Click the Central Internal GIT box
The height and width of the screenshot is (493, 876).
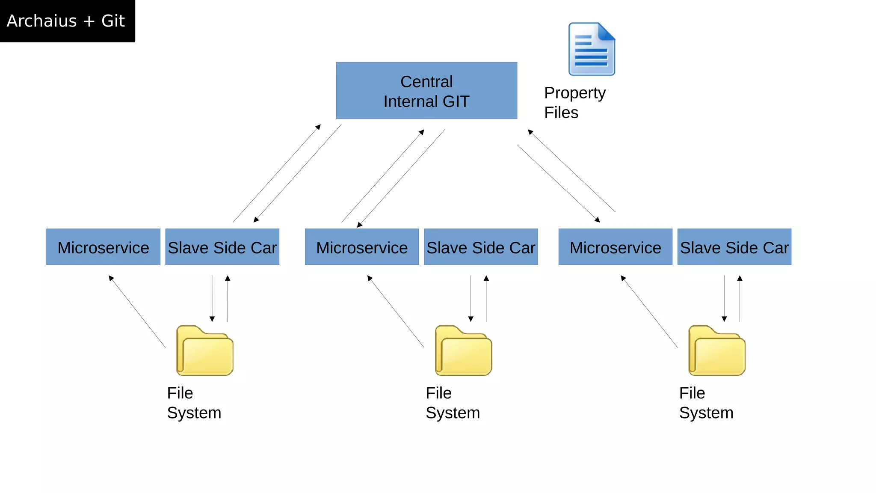coord(426,90)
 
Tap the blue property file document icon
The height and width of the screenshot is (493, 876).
coord(591,49)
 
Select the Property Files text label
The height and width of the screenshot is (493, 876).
coord(574,103)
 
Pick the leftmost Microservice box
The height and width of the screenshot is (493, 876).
coord(103,247)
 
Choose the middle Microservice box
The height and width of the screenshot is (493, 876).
coord(361,247)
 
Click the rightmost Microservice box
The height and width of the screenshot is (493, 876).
coord(615,247)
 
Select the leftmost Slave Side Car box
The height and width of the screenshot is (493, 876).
coord(222,247)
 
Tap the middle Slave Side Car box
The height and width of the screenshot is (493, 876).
coord(481,247)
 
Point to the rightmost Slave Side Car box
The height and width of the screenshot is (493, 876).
coord(734,247)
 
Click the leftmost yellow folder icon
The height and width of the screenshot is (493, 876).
coord(205,351)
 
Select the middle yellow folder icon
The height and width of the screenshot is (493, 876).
coord(464,351)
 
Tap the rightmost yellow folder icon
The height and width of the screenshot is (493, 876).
coord(717,351)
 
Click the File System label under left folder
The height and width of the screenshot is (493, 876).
coord(194,403)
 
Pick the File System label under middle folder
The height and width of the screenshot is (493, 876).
coord(453,403)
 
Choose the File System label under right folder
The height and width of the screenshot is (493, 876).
coord(706,403)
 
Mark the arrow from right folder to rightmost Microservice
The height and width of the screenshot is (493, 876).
coord(649,312)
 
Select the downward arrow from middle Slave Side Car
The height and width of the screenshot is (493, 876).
coord(471,299)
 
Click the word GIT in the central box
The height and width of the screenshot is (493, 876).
coord(456,101)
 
